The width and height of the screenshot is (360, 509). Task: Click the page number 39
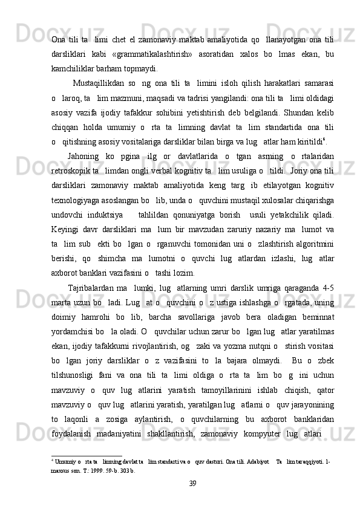pos(192,482)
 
